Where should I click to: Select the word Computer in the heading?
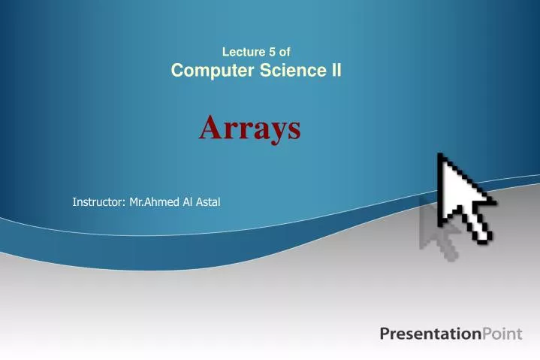(x=210, y=71)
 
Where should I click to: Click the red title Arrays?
(x=250, y=129)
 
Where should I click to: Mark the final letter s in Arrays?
(x=294, y=131)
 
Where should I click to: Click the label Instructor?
(x=98, y=201)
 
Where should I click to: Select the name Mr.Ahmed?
(x=155, y=201)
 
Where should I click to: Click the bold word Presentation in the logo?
(x=430, y=334)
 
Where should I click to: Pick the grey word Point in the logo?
(x=501, y=334)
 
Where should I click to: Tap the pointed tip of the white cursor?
(x=441, y=156)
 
